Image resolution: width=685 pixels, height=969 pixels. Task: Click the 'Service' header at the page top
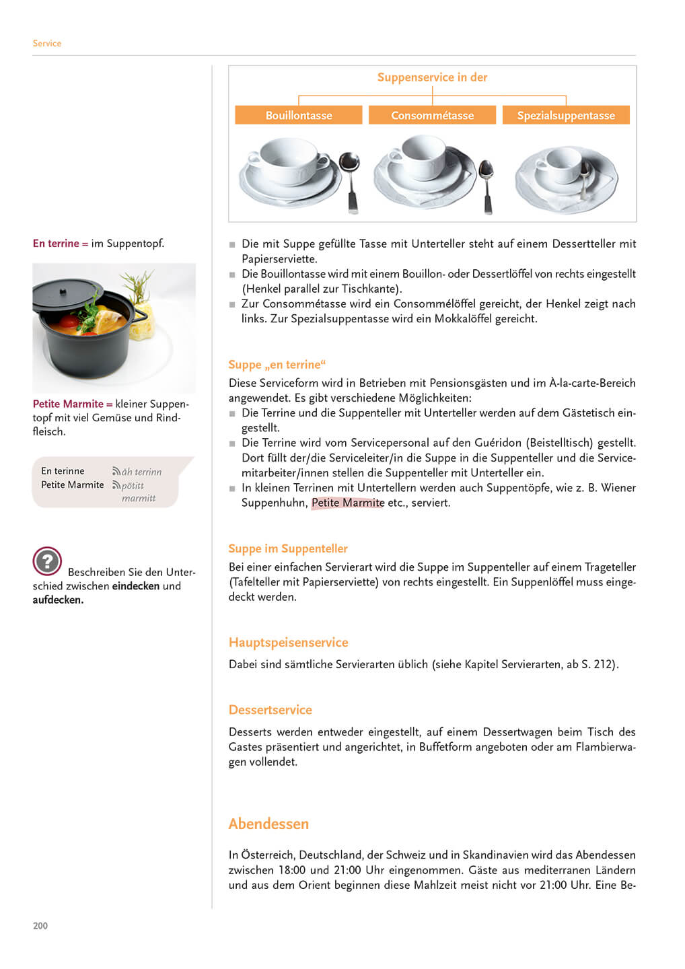point(47,44)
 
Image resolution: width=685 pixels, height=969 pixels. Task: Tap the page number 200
point(40,926)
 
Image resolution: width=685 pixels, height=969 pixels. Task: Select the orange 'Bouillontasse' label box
point(299,115)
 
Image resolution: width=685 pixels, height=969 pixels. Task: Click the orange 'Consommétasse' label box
point(432,115)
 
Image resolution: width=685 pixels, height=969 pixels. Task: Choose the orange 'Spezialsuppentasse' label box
point(566,115)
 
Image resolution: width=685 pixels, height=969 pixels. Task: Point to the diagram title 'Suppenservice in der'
point(432,77)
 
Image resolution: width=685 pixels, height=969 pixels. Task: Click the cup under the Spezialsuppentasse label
point(563,166)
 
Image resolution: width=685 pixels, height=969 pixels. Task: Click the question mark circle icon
point(47,561)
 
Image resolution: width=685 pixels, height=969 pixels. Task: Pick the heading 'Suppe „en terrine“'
point(277,365)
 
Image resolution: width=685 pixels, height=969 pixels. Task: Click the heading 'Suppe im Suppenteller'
point(288,548)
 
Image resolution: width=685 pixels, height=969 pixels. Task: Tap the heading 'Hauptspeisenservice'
point(288,643)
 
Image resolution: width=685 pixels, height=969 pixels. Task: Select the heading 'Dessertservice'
point(271,710)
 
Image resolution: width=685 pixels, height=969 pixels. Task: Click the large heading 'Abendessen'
point(268,824)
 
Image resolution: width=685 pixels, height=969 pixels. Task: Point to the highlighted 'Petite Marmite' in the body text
point(348,503)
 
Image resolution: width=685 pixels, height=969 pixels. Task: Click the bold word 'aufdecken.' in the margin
point(58,600)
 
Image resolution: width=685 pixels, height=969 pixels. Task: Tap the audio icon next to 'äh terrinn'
point(116,472)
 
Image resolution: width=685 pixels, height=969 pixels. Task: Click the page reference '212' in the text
point(603,664)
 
